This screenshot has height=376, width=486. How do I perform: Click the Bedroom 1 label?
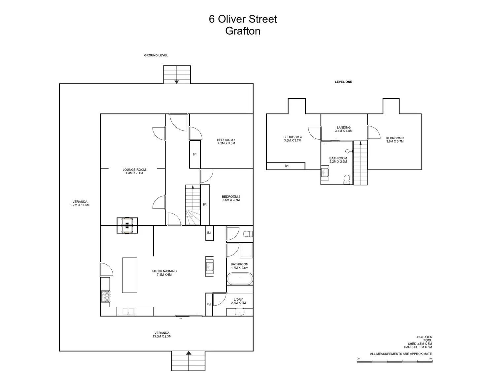tap(226, 141)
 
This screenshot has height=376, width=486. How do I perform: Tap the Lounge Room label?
tap(134, 171)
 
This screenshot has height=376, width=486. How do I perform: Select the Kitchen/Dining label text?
tap(164, 273)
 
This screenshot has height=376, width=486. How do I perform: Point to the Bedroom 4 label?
tap(293, 139)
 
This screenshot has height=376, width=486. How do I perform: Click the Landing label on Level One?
tap(344, 129)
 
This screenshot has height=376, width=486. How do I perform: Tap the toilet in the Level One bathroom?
tap(347, 179)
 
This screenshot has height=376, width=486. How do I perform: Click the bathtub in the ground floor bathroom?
tap(240, 279)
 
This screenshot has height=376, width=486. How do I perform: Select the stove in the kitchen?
tap(105, 296)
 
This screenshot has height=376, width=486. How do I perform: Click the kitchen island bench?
tap(130, 275)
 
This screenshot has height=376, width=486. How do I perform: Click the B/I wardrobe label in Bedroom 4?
tap(287, 166)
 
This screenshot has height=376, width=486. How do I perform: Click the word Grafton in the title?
tap(243, 31)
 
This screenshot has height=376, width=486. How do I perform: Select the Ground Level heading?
tap(156, 55)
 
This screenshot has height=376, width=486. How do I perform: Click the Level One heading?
tap(343, 82)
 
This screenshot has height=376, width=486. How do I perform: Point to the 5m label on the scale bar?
tap(431, 359)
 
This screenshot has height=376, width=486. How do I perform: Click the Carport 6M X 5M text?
tap(418, 347)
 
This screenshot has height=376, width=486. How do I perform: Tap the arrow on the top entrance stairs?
tap(177, 82)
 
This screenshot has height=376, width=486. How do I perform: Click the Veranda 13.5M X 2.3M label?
tap(162, 335)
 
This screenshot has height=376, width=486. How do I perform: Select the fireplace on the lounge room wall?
tap(127, 225)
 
